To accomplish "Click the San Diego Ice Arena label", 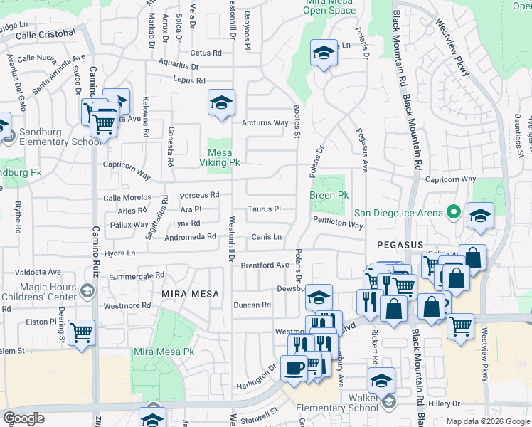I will (x=398, y=212).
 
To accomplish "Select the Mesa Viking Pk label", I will (x=223, y=157).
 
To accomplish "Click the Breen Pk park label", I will (x=329, y=195).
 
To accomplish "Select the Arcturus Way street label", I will (x=265, y=122).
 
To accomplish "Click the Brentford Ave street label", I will (x=265, y=265).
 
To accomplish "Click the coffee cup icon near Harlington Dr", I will (x=293, y=367).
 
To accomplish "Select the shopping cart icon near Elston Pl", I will (x=83, y=331).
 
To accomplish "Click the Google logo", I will (x=23, y=418).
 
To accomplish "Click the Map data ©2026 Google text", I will (x=487, y=421).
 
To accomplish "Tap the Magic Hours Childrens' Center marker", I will (x=87, y=290).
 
